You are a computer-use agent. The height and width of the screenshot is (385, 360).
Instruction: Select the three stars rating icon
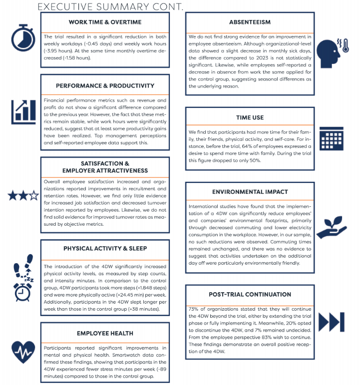(23, 195)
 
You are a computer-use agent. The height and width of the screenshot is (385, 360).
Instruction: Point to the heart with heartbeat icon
(23, 352)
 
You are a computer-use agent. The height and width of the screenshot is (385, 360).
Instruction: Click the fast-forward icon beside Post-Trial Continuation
(332, 322)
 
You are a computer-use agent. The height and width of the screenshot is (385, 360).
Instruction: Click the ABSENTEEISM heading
(250, 22)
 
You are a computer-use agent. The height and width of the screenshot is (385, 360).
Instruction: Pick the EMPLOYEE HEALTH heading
(105, 333)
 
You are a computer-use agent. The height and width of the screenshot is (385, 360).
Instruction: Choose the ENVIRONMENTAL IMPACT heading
(250, 192)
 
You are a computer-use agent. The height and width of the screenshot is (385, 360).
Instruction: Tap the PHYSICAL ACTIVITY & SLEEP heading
(105, 248)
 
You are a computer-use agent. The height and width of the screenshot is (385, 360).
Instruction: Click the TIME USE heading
(250, 117)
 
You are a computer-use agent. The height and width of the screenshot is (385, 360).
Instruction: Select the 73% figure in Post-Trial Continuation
(194, 309)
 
